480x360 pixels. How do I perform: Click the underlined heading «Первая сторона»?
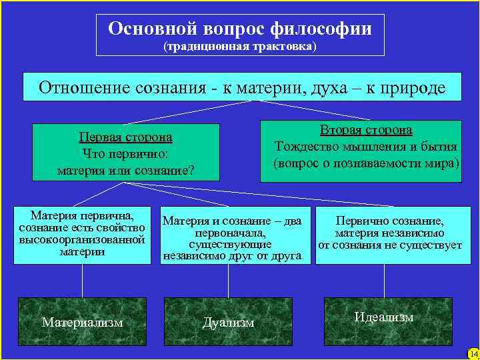125,137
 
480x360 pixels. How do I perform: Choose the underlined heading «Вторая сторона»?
367,130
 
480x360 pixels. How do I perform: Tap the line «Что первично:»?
125,153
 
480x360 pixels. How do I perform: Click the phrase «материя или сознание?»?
125,170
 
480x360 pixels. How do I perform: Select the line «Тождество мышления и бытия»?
367,147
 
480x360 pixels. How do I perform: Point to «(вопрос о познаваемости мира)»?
367,163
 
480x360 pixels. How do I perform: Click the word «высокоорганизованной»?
83,239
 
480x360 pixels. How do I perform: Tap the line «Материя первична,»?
83,215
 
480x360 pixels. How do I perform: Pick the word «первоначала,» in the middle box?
229,233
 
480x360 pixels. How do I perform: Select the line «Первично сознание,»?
390,221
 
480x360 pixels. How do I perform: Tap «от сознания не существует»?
390,245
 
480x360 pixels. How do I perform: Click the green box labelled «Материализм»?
83,321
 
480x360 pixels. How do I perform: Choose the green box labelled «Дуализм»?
229,321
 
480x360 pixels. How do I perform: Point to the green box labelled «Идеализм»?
384,317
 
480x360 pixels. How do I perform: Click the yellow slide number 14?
473,353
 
